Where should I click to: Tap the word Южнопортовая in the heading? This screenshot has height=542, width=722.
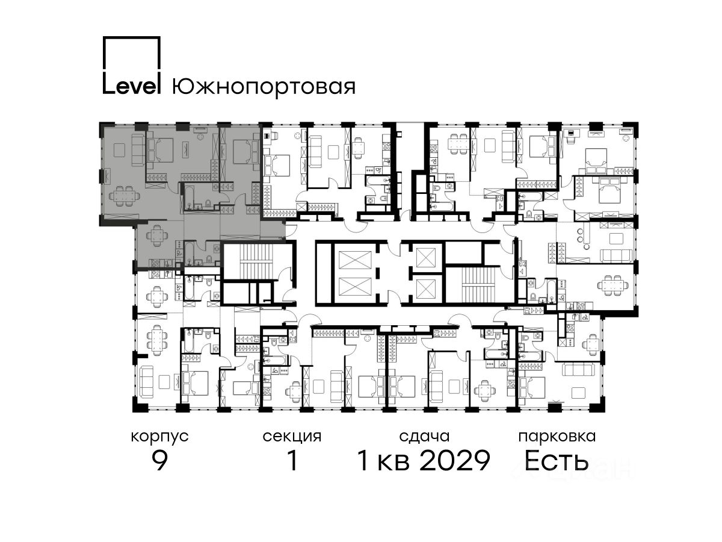[x=264, y=87]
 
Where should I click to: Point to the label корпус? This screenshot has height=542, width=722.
[x=159, y=437]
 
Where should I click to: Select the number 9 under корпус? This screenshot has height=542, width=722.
[x=159, y=461]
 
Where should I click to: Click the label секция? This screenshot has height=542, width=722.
[x=292, y=437]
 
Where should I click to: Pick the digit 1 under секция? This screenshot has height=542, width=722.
[x=292, y=461]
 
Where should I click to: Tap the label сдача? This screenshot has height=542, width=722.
[x=424, y=437]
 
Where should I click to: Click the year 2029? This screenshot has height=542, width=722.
[x=455, y=461]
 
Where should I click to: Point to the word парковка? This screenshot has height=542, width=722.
[x=557, y=437]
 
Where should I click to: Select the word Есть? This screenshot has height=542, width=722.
[x=556, y=461]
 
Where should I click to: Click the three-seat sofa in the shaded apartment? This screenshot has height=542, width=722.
[x=137, y=151]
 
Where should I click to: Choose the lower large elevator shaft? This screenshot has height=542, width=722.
[x=354, y=287]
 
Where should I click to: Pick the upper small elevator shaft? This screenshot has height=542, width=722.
[x=425, y=258]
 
